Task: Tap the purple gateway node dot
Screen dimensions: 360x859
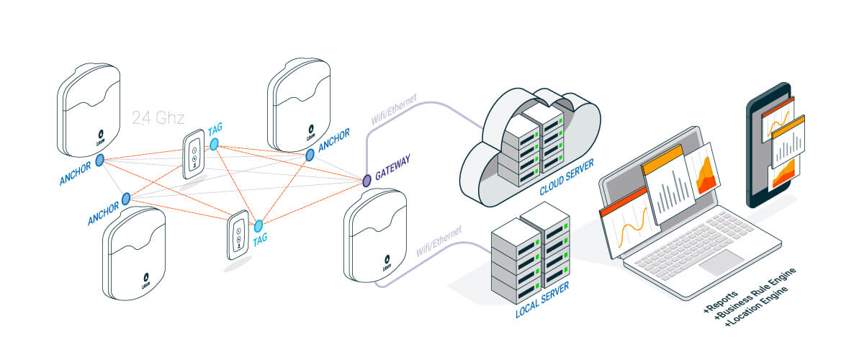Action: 366,179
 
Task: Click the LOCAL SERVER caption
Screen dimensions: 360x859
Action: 542,300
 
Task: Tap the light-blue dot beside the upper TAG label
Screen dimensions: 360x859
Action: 215,145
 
